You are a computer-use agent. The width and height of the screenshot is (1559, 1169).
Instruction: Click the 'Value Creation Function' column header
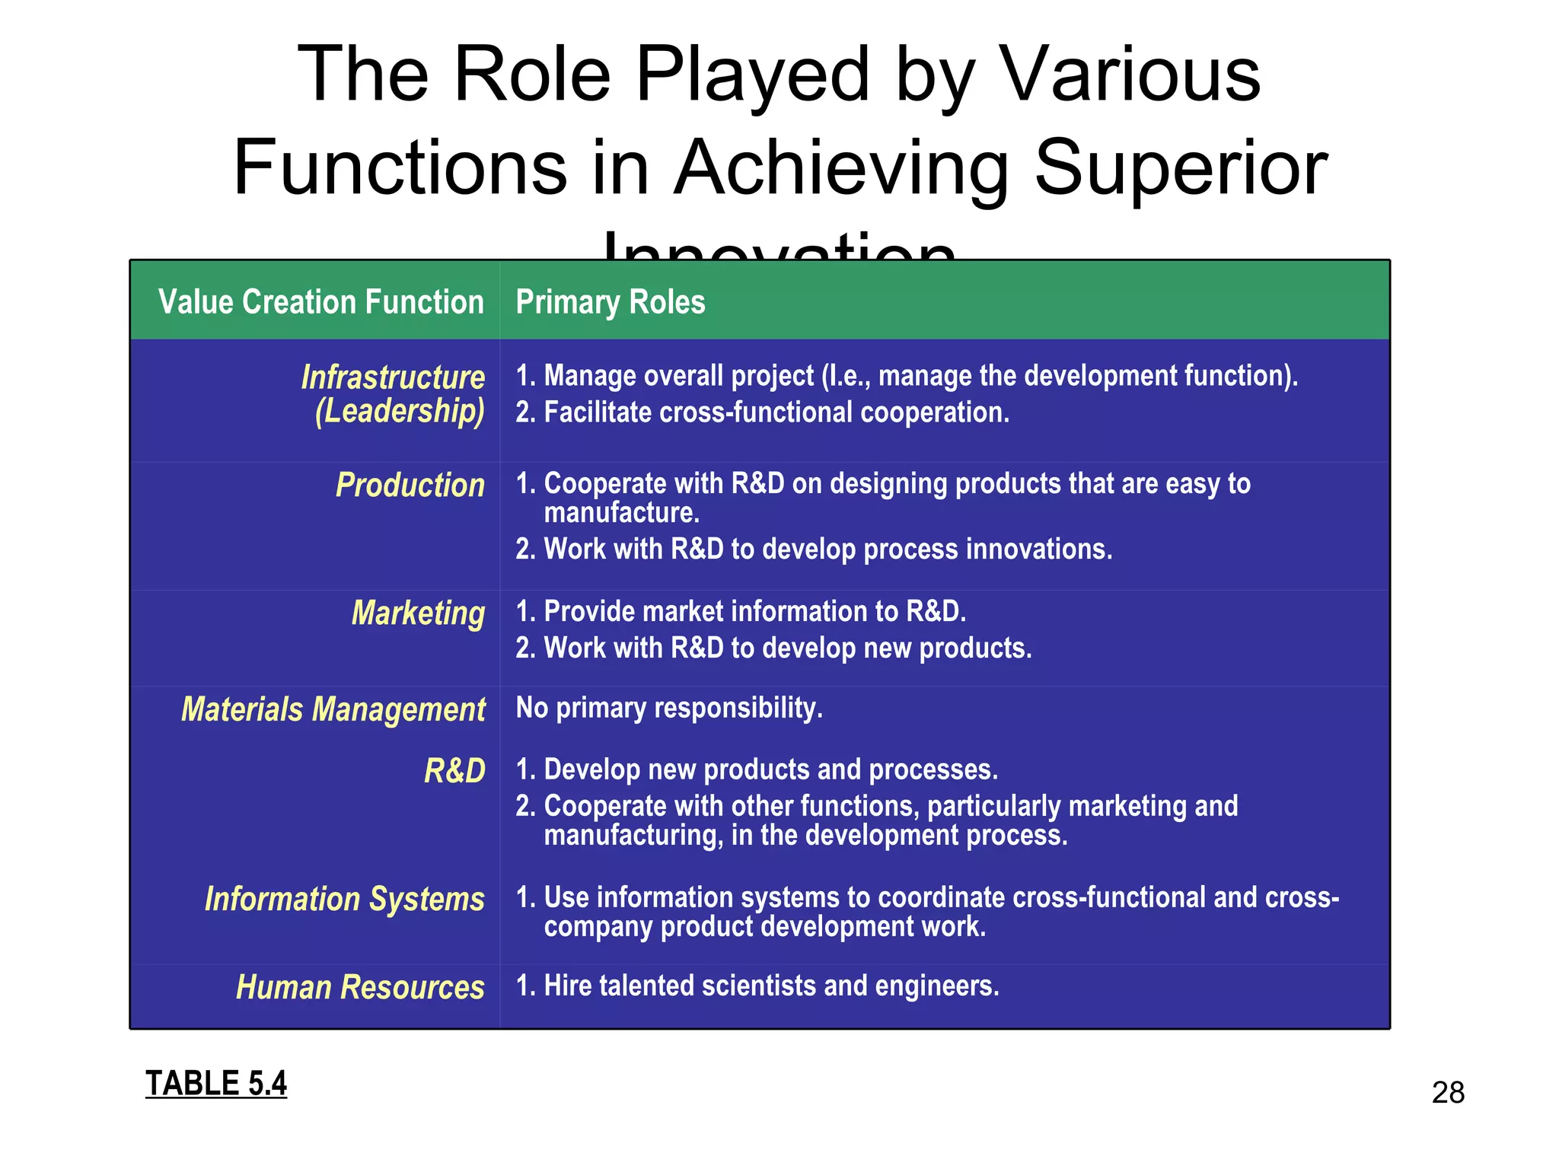click(320, 302)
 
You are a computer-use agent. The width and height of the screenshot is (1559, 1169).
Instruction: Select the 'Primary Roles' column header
click(610, 302)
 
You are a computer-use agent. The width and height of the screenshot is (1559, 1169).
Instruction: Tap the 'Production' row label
click(410, 486)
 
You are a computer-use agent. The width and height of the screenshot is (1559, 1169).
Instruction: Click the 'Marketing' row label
click(417, 613)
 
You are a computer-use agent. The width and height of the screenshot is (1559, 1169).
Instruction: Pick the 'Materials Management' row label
click(333, 709)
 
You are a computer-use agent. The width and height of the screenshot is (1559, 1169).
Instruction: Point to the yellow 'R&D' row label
click(454, 771)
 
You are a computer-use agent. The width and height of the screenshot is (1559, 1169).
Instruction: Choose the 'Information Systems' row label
click(344, 899)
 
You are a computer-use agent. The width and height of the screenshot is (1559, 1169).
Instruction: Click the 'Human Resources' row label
click(360, 987)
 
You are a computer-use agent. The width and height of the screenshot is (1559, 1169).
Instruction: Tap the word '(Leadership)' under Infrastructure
click(400, 412)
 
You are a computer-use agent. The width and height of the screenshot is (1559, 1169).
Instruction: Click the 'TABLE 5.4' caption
click(216, 1083)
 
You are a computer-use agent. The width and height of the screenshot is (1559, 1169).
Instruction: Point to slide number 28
click(1448, 1093)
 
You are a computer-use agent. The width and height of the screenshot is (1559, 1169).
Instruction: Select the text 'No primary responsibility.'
click(668, 708)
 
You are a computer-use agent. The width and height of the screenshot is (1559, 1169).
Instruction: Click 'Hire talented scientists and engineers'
click(770, 986)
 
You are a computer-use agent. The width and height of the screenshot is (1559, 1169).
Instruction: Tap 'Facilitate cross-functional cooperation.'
click(776, 412)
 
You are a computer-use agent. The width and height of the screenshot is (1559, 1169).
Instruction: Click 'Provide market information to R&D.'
click(754, 612)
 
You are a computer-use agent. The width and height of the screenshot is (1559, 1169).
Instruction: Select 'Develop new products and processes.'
click(770, 769)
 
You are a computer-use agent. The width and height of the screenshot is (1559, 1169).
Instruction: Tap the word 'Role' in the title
click(532, 75)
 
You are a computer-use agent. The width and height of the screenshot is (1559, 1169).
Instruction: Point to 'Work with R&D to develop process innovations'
click(827, 549)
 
